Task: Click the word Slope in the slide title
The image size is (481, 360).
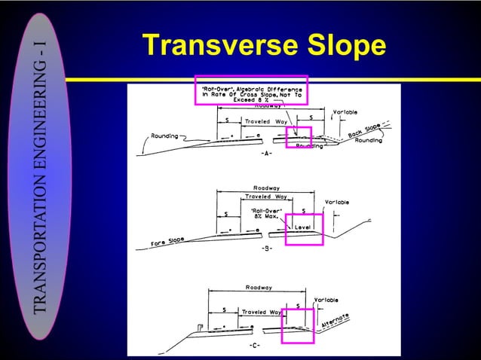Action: point(346,46)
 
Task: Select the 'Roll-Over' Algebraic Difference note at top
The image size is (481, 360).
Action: point(251,93)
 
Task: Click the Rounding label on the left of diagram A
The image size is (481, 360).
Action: point(164,136)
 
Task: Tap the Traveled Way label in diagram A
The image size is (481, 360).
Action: point(265,121)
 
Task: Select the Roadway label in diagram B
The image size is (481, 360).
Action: point(267,188)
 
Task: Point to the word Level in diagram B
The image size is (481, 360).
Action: point(305,224)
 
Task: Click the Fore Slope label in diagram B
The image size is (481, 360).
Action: point(166,242)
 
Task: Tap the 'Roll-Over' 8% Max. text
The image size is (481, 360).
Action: point(268,214)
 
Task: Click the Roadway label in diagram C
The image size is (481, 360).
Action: point(259,287)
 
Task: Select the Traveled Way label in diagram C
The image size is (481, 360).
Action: point(261,311)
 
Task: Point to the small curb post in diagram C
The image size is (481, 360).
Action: point(199,325)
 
